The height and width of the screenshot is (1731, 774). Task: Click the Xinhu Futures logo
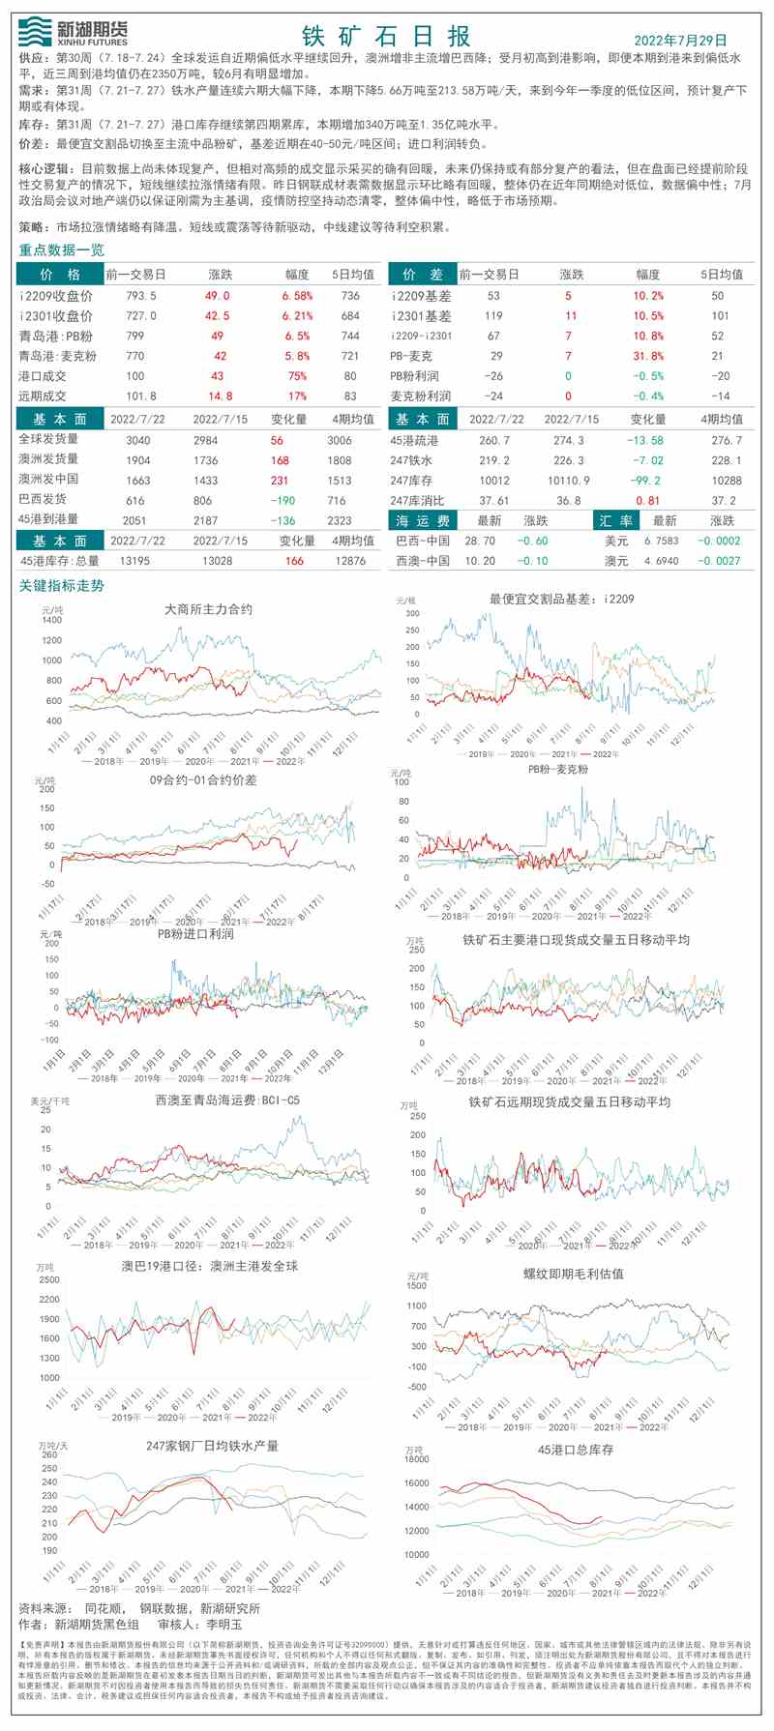pos(73,32)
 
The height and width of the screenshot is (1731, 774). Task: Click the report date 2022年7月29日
pos(680,40)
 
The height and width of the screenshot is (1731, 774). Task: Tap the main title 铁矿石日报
pos(386,37)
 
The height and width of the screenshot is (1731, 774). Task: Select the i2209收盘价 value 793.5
pos(141,296)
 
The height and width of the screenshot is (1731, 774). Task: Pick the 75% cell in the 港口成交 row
pos(297,376)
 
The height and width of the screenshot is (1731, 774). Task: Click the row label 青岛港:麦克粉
pos(58,356)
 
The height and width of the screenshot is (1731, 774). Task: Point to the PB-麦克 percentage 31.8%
pos(648,356)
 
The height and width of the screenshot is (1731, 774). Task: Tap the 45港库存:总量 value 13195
pos(134,561)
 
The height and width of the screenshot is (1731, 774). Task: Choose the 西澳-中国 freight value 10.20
pos(480,561)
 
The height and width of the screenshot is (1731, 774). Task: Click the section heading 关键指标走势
pos(62,586)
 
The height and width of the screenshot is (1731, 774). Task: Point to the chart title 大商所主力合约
pos(209,609)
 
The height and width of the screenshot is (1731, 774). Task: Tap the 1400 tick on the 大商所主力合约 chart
pos(51,620)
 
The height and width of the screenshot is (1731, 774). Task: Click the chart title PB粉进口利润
pos(195,933)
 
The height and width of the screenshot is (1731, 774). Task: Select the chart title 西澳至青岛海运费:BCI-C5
pos(227,1100)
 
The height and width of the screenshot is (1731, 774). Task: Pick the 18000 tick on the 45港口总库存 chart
pos(416,1459)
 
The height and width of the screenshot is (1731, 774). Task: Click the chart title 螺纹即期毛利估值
pos(574,1274)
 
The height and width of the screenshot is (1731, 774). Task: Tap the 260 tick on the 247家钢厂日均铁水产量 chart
pos(48,1454)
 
